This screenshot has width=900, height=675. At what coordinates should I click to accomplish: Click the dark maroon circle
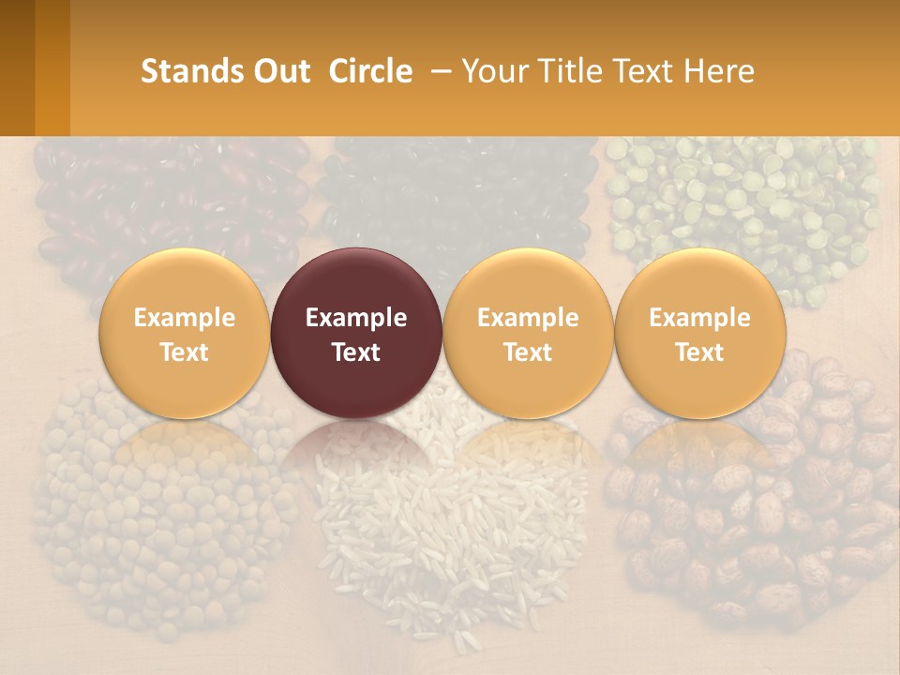pos(356,333)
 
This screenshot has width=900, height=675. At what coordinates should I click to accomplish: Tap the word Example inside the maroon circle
pos(356,318)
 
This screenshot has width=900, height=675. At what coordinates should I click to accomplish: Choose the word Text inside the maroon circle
pos(356,352)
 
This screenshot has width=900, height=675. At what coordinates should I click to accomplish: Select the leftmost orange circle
pos(184,333)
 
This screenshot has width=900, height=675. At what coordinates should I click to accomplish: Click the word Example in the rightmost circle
pos(699,318)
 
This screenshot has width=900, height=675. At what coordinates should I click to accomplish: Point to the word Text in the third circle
pos(528,352)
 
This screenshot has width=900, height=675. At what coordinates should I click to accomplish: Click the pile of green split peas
pos(741,202)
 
